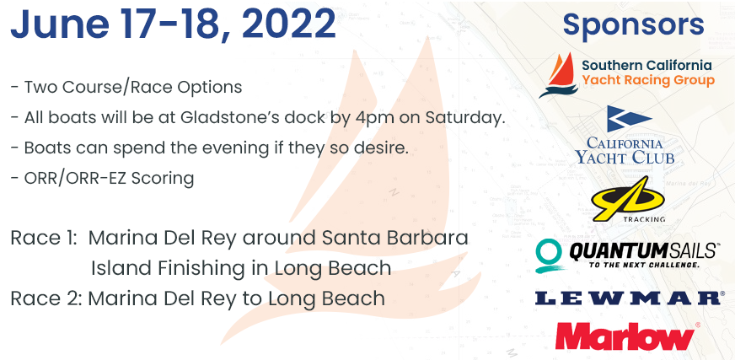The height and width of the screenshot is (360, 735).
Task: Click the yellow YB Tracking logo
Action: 628,199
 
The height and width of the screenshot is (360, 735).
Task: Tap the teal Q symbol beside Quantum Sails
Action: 549,256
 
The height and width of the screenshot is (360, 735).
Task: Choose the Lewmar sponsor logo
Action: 628,298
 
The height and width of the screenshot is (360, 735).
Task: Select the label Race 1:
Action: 43,238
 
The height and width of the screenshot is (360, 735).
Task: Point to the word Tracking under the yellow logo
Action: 644,219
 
